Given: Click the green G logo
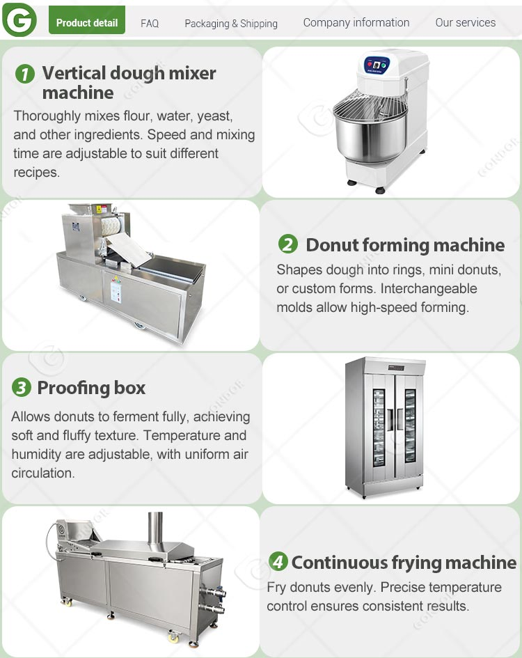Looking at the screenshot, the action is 19,19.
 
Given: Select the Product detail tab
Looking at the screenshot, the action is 87,19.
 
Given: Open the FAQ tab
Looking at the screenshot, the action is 150,23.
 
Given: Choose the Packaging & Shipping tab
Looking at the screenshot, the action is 231,24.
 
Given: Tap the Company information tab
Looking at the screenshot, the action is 356,22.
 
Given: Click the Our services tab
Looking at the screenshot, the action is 466,22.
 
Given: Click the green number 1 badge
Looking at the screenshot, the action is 25,75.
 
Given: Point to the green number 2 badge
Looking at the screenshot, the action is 288,244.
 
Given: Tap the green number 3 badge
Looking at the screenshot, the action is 22,387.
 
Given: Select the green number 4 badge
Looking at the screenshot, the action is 278,561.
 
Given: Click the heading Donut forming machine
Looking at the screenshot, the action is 405,245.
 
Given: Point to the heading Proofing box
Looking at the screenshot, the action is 91,388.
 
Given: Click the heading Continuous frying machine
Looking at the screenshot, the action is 404,563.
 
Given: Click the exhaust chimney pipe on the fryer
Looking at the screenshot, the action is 155,527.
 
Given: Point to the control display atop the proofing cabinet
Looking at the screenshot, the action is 396,368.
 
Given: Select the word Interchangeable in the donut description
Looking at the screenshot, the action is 429,289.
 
